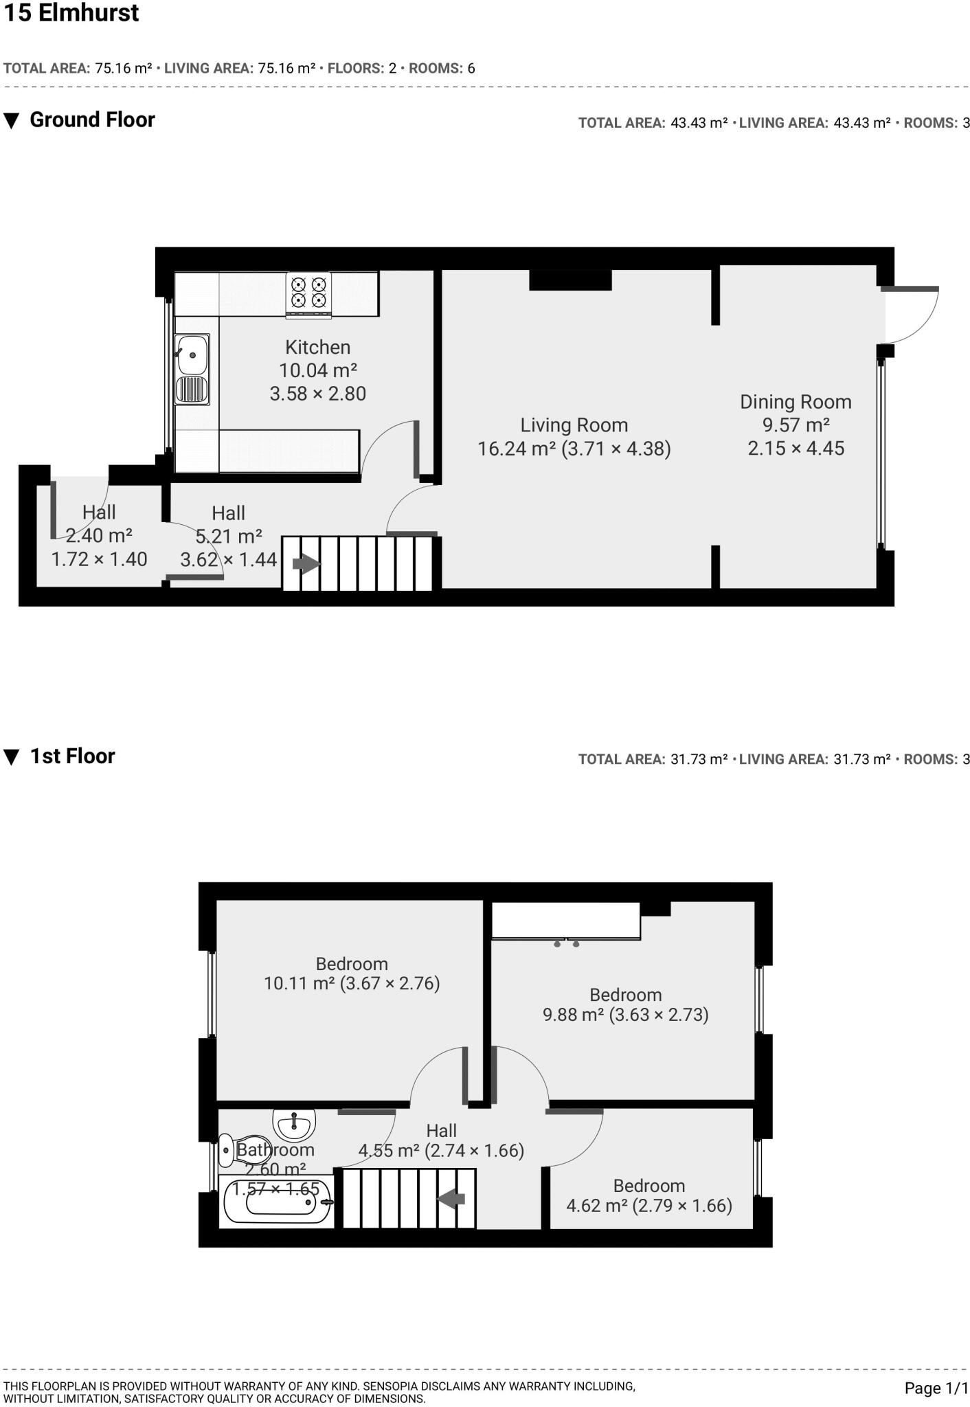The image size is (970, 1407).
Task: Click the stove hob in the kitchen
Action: point(308,293)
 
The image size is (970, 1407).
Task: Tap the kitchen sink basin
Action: point(192,354)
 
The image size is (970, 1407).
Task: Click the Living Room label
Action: point(574,425)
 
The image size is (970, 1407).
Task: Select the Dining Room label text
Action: point(796,402)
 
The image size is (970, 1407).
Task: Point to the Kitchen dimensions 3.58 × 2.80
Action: point(317,394)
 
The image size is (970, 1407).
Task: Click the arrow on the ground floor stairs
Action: point(306,564)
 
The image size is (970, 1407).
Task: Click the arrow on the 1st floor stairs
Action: point(451,1200)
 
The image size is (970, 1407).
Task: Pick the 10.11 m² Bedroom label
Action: point(352,964)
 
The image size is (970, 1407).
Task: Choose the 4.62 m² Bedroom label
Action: point(648,1186)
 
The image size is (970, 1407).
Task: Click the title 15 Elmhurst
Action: point(71,13)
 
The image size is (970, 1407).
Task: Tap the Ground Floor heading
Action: point(92,120)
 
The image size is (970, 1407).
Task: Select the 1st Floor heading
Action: point(72,756)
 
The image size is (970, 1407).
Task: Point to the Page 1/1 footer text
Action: point(936,1388)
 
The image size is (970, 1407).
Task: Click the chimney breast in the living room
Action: point(570,280)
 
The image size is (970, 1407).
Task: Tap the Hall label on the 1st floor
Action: point(441,1130)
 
